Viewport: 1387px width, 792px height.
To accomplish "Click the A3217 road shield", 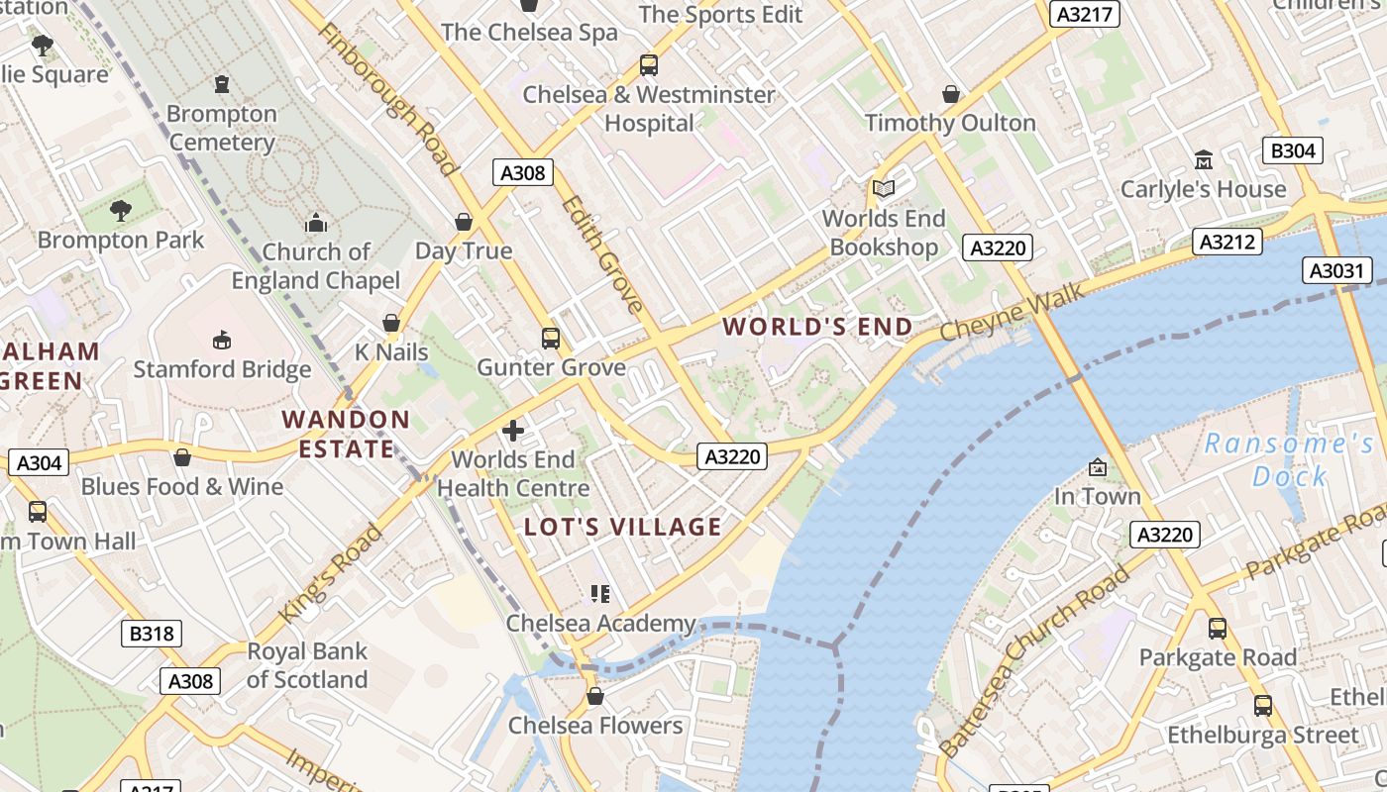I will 1084,14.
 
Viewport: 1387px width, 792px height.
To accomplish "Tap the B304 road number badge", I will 1293,150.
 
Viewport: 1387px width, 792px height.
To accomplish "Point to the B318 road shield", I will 152,633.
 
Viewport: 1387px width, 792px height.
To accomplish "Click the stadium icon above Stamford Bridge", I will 222,340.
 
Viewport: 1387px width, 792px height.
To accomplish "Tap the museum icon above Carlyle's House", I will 1203,159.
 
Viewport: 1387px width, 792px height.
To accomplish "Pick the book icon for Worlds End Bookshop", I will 883,188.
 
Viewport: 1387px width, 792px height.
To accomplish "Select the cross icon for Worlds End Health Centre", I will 513,431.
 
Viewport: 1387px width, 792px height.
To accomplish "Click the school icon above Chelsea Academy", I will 600,594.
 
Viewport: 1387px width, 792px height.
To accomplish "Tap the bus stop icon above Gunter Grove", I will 551,339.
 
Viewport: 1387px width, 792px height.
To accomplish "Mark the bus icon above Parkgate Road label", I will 1217,628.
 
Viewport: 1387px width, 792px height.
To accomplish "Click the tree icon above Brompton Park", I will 120,210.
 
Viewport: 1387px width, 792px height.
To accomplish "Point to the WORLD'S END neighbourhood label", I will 817,327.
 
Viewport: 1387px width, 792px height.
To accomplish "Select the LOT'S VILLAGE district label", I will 622,527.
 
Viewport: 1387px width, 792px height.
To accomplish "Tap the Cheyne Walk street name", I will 1013,313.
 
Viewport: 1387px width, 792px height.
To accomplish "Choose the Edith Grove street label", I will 602,254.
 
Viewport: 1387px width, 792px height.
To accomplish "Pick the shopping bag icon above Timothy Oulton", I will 950,94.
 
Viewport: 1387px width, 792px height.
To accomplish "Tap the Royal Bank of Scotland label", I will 307,665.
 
